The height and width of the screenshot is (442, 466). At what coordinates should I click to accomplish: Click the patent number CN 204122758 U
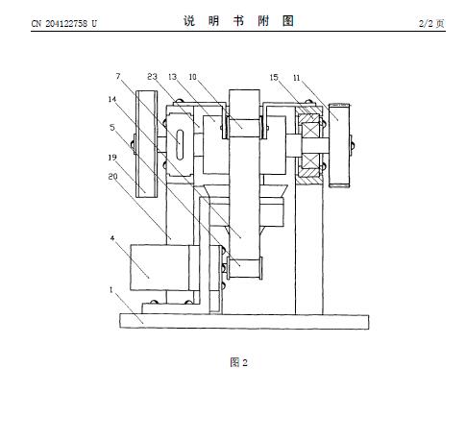tap(63, 23)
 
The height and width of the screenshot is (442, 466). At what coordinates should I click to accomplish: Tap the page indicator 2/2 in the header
tap(426, 23)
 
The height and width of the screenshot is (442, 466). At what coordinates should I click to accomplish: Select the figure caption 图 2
tap(239, 362)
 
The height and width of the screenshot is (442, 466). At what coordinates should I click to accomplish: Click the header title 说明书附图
tap(238, 21)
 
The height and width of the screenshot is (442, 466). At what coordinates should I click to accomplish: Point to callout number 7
tap(118, 76)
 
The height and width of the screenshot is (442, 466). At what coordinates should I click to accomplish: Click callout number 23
tap(152, 77)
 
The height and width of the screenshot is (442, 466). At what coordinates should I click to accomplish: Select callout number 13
tap(172, 77)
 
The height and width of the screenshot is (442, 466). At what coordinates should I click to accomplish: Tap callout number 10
tap(192, 77)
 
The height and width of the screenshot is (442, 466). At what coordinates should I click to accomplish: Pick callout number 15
tap(274, 77)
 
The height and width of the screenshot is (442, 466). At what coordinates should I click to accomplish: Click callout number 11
tap(296, 78)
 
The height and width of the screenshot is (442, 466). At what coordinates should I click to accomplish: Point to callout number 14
tap(111, 99)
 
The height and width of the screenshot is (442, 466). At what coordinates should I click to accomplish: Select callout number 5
tap(111, 127)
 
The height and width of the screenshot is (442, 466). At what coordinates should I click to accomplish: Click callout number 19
tap(112, 158)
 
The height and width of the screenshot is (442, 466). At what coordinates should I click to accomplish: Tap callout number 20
tap(112, 176)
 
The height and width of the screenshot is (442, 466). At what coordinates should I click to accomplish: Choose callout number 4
tap(112, 238)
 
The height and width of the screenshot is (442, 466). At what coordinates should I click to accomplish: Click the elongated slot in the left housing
tap(181, 144)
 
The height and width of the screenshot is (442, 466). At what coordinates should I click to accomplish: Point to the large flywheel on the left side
tap(147, 144)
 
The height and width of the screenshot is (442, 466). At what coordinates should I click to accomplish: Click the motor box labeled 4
tap(159, 267)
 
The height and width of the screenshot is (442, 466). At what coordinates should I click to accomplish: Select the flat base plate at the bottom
tap(244, 321)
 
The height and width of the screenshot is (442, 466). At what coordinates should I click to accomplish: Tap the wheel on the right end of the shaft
tap(339, 145)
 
